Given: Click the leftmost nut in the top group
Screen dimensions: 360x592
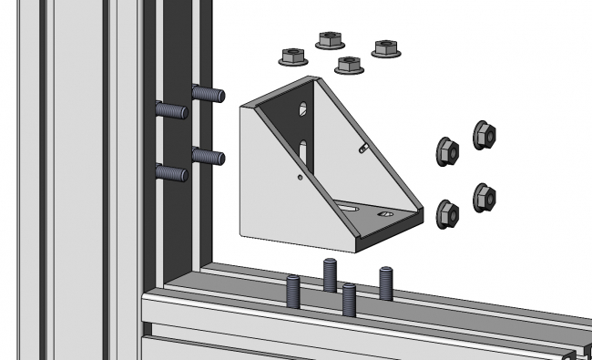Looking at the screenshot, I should coord(292,56).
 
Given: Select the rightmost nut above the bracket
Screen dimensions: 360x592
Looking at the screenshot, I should coord(387,48).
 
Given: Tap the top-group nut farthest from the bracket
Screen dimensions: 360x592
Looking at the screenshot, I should coord(329,39).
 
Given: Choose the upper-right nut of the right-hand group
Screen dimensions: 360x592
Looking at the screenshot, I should coord(485,135).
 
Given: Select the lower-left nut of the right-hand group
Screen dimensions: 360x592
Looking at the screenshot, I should coord(447,212).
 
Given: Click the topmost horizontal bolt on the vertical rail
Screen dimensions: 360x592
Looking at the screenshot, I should coord(208,93).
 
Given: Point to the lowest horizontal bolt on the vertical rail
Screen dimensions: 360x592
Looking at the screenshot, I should coord(171,171).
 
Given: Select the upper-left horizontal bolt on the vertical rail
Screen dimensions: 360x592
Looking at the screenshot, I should coord(171,110).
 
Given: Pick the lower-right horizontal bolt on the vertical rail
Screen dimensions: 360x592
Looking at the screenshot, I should coord(208,156).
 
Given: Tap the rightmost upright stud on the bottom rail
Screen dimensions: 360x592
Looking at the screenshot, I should coord(387,283).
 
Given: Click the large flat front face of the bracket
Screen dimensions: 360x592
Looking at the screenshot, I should coord(287,187).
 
